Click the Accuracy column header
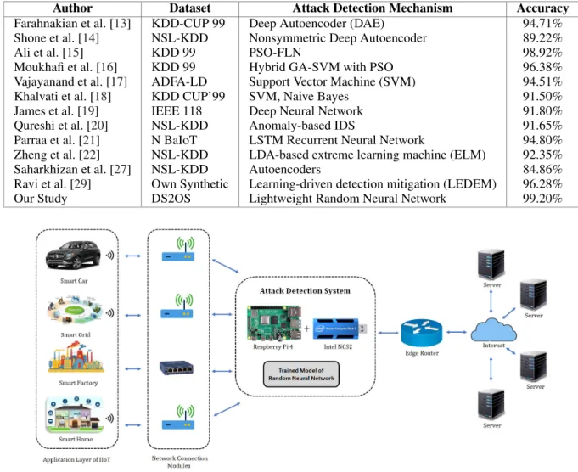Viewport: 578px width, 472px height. point(542,8)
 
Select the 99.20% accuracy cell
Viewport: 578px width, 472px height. point(542,199)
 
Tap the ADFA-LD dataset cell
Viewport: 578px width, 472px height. point(179,81)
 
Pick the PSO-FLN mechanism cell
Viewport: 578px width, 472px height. point(275,53)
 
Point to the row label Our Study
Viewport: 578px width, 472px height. point(41,199)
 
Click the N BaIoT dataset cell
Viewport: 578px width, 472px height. point(174,140)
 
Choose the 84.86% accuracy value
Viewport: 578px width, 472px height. point(542,169)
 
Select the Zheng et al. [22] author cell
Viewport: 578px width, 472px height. point(57,155)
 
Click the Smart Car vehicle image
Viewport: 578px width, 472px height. point(73,256)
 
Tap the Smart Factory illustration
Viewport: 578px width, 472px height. point(76,357)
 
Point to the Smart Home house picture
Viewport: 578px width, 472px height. point(75,415)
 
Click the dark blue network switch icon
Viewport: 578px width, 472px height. point(177,368)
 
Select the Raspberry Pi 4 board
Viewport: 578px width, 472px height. point(274,323)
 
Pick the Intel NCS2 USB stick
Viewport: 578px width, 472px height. point(340,329)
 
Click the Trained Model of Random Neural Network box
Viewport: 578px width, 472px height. point(301,374)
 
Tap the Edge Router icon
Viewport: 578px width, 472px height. point(422,333)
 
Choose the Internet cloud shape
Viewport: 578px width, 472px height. point(494,330)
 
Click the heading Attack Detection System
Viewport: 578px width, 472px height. point(305,291)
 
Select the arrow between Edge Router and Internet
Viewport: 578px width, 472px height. point(457,332)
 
